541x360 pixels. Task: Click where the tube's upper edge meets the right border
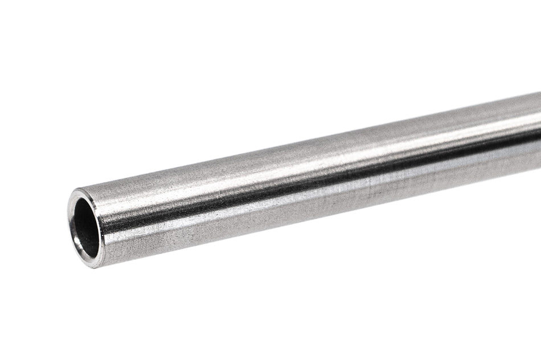click(x=540, y=93)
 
